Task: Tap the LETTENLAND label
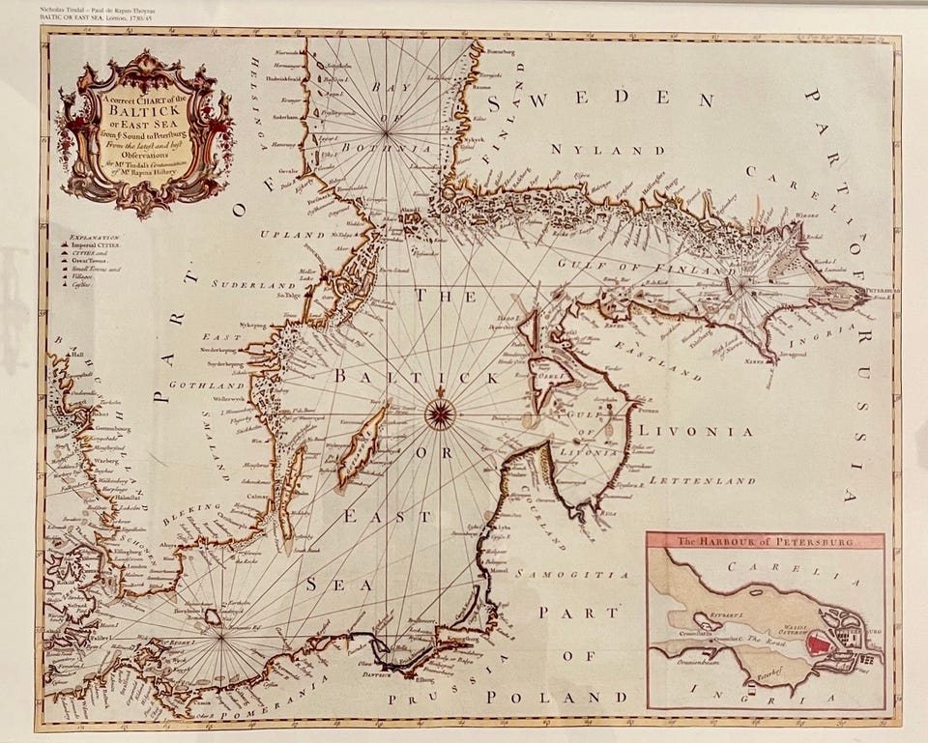click(x=702, y=479)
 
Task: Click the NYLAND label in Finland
click(x=608, y=150)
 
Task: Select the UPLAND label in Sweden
click(x=294, y=235)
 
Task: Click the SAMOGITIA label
click(x=563, y=574)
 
